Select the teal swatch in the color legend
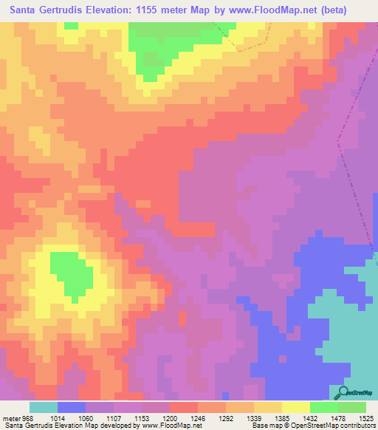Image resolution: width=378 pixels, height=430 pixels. coord(44,407)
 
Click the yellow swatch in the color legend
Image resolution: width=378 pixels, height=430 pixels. coord(295,407)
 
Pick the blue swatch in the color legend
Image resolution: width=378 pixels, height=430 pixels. coord(72,407)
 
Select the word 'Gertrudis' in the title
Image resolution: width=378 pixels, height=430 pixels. coord(65,10)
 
